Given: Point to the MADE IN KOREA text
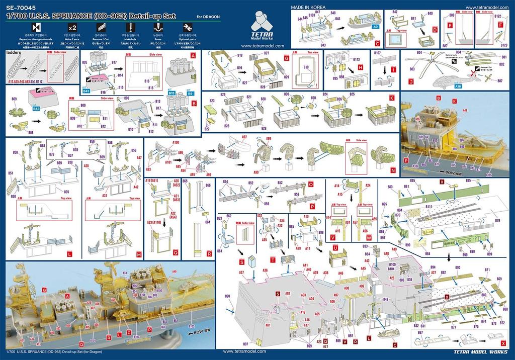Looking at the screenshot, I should tap(309, 7).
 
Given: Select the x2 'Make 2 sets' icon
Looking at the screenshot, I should tap(72, 27).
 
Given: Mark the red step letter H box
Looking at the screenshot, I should tap(360, 67).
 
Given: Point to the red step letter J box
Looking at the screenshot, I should tap(411, 81).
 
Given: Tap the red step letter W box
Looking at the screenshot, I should tap(369, 237).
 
